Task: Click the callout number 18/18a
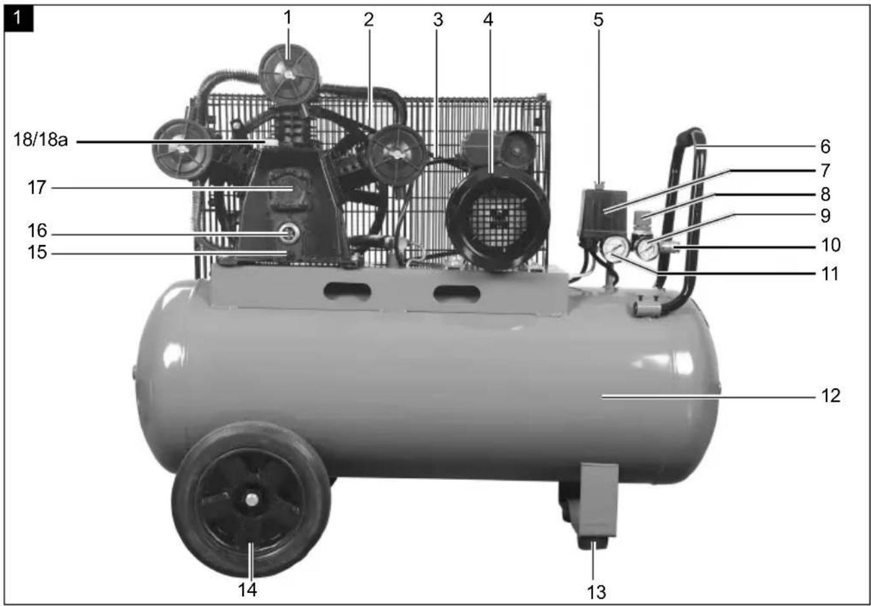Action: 41,140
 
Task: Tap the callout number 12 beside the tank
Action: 830,396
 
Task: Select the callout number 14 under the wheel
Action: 247,590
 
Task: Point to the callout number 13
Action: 596,592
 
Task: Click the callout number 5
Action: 598,20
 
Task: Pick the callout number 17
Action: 37,188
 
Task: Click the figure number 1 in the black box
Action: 18,18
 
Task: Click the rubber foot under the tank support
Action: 593,543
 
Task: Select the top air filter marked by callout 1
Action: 289,74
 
